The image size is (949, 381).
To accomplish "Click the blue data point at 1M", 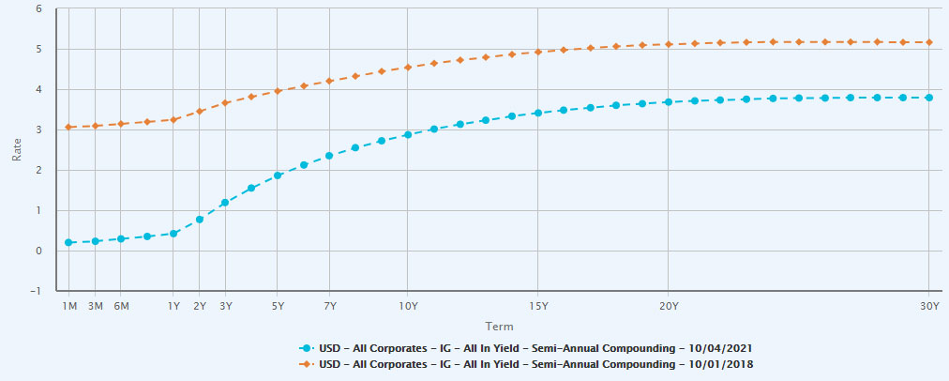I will tap(69, 242).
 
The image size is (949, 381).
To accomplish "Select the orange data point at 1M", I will tap(69, 127).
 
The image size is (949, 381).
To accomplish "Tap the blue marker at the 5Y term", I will tap(279, 175).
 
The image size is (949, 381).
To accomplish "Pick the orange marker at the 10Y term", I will tap(408, 68).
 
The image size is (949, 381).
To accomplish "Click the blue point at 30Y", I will tap(928, 98).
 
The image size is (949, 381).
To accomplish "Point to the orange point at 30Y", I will tap(928, 42).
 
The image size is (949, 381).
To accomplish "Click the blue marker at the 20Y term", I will tap(668, 102).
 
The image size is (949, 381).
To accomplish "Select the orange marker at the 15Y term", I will tap(538, 52).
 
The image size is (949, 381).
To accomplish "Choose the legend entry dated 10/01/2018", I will tap(535, 363).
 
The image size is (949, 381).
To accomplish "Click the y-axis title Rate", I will tap(16, 149).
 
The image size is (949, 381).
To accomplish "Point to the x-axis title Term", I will tap(498, 326).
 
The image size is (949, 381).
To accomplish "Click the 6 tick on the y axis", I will tap(38, 8).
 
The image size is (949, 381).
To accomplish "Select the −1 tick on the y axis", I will tap(36, 291).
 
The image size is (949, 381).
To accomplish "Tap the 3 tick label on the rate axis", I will tap(38, 130).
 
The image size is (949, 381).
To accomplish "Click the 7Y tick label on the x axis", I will tap(329, 306).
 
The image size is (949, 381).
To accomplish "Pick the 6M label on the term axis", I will tap(121, 306).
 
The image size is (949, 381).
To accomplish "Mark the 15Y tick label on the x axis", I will tap(538, 306).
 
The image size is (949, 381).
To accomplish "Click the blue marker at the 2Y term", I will tap(200, 220).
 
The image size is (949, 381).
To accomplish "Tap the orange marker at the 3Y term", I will tap(226, 102).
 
